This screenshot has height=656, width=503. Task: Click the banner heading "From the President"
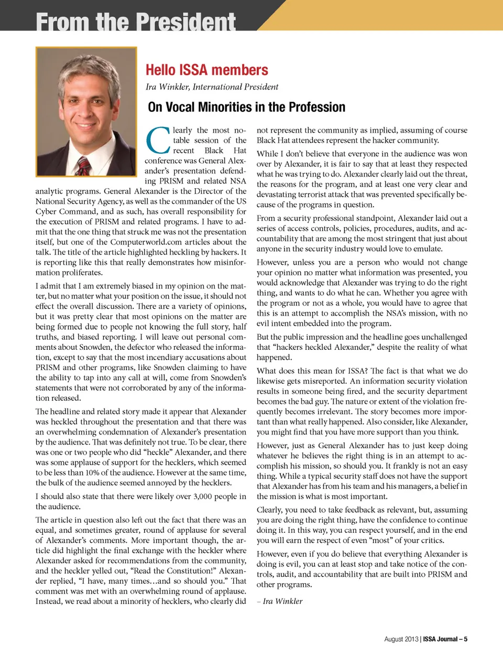136,21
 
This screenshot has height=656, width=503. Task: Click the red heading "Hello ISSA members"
206,70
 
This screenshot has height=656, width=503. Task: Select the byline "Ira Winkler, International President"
212,87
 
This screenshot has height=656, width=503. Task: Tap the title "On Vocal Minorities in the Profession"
246,107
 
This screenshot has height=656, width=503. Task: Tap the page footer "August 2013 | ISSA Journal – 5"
425,639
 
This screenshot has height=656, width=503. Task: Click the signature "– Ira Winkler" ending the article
280,601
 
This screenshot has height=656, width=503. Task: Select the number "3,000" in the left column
205,497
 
